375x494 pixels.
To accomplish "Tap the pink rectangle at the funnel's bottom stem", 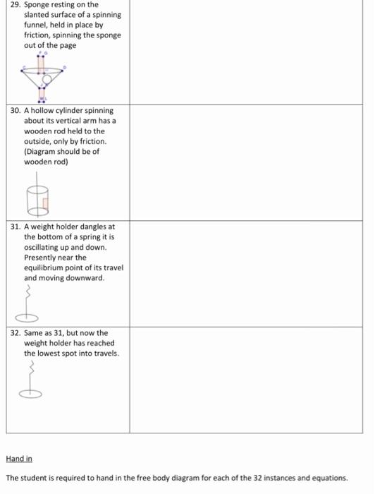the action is click(x=42, y=92).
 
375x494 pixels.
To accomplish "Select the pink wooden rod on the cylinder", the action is click(x=44, y=205).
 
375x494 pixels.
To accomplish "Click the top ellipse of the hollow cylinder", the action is click(x=37, y=190).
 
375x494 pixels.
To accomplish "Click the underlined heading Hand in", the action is click(x=19, y=459).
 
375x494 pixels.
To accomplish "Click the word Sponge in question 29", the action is click(x=37, y=5).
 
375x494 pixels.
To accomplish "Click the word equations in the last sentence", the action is click(x=328, y=478).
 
